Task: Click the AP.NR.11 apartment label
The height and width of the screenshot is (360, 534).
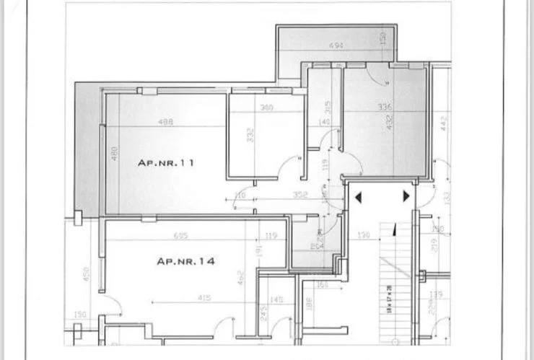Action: [x=166, y=164]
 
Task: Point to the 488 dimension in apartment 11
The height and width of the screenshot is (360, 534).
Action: [x=165, y=122]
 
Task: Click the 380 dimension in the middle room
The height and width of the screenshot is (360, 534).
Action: [x=266, y=109]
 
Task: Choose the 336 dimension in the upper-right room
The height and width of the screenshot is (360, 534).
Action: [x=385, y=107]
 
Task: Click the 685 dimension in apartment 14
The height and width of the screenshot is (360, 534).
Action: [x=181, y=236]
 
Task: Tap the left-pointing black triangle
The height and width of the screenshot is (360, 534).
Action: [x=358, y=196]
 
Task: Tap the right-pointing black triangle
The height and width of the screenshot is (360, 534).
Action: [x=406, y=196]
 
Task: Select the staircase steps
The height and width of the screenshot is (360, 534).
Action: [x=393, y=289]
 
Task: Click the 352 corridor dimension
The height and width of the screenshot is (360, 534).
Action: [x=301, y=195]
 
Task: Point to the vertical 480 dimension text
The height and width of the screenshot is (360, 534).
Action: [x=113, y=154]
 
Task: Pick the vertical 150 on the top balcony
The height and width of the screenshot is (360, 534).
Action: [x=382, y=38]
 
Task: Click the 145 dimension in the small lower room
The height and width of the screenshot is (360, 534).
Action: [x=276, y=300]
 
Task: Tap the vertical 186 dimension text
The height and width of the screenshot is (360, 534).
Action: [x=308, y=304]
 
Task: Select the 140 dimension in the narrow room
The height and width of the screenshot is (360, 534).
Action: [x=324, y=122]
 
